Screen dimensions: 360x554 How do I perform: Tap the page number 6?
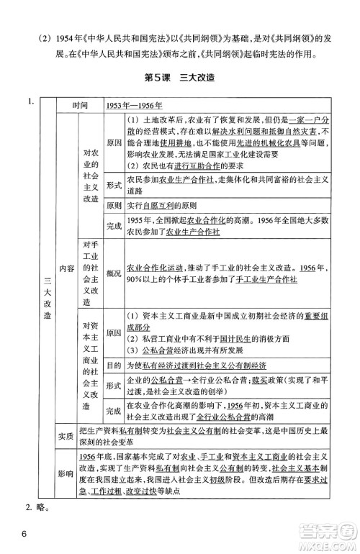pyautogui.click(x=24, y=534)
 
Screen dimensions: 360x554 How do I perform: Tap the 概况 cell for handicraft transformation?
pyautogui.click(x=113, y=274)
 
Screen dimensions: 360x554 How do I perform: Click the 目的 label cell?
pyautogui.click(x=113, y=365)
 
